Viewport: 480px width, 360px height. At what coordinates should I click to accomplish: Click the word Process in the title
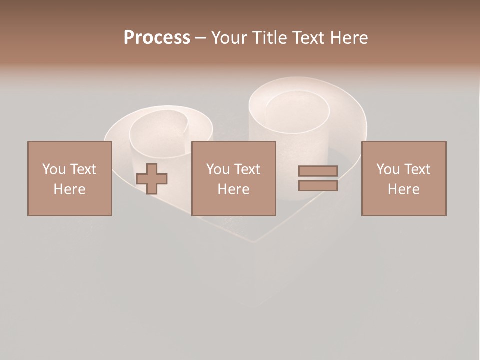[157, 38]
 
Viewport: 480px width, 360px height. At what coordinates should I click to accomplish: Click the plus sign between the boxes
[152, 179]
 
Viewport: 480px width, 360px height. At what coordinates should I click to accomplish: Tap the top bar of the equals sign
[318, 171]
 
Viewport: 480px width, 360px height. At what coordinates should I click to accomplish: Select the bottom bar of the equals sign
[318, 185]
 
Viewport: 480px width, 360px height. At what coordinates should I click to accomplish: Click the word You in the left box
[54, 169]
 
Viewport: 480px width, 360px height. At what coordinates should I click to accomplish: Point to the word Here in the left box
[69, 189]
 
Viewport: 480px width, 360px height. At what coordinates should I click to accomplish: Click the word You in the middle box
[218, 169]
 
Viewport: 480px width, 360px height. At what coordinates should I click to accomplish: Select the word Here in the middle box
[233, 189]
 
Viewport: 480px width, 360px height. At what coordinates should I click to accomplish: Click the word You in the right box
[388, 169]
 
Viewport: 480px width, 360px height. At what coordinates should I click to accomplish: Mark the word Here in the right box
[403, 189]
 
